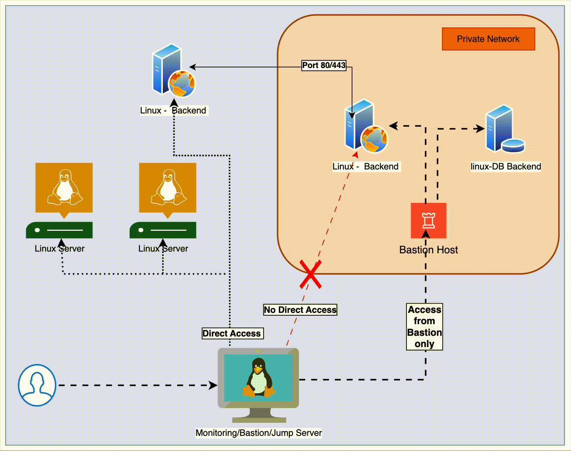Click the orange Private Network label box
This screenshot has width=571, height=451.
pos(488,39)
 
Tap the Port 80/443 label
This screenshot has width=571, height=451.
pos(324,66)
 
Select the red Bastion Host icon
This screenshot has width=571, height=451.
pos(429,221)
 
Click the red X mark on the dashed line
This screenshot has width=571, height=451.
pos(310,274)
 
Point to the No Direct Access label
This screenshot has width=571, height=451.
pos(300,310)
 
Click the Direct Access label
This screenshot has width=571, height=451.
pos(232,333)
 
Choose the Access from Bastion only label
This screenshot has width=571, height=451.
pos(424,327)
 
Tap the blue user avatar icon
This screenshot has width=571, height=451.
pos(37,385)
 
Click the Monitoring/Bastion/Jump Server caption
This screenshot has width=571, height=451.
pos(259,433)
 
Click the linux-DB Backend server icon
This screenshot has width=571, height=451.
pos(504,129)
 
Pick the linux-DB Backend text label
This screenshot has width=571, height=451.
pos(506,167)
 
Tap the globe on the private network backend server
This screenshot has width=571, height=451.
pos(374,139)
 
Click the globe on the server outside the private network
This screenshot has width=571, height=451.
pos(182,84)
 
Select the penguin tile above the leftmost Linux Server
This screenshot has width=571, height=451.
pos(64,188)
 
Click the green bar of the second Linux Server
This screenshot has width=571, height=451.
pos(163,230)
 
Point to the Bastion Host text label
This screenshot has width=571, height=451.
pos(429,250)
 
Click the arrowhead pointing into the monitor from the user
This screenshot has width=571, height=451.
pos(213,385)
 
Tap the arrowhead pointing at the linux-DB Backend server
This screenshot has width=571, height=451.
pos(480,129)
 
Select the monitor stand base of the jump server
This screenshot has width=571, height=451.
pos(259,420)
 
